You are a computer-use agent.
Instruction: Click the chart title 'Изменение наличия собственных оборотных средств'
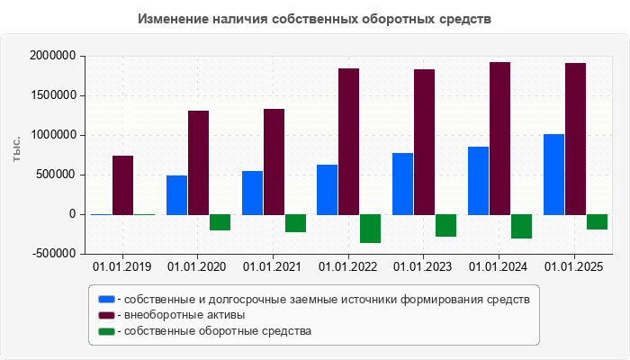315,19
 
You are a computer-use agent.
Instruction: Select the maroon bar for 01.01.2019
123,184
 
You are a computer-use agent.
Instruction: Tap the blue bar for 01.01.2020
176,194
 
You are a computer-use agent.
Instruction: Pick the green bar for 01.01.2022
370,229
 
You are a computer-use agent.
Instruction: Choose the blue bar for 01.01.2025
553,174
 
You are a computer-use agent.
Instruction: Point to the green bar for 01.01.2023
445,225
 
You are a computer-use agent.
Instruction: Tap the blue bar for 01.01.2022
327,189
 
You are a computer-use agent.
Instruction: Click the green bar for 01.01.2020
220,222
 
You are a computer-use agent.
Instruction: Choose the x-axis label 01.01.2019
122,267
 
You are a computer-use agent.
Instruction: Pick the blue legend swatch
107,299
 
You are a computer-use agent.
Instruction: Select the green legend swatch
107,331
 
